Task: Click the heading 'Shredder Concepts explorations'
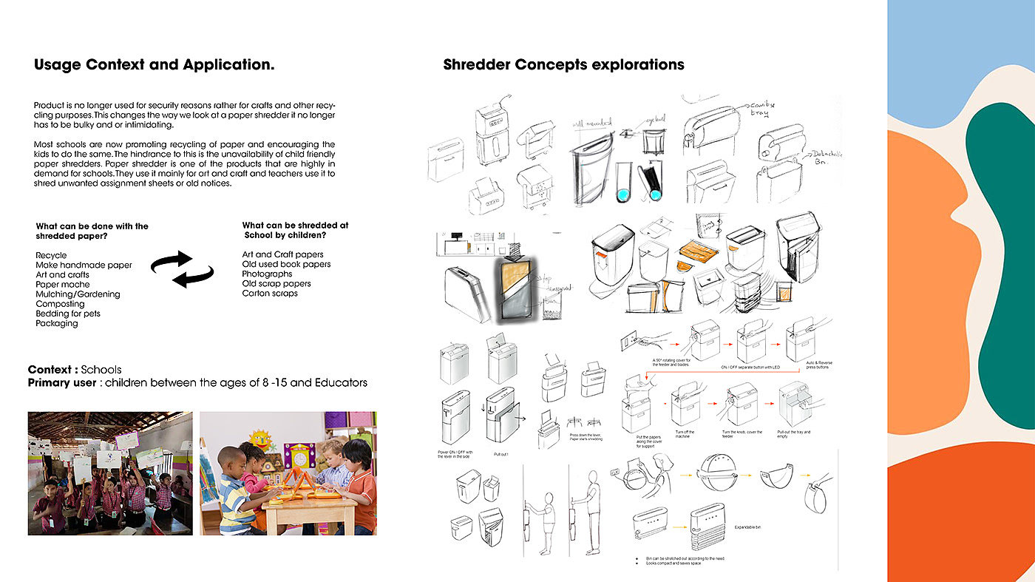tap(563, 65)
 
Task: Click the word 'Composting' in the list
tap(60, 304)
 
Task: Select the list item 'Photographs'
tap(268, 274)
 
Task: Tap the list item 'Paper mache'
tap(63, 285)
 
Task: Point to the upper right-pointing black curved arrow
tap(172, 260)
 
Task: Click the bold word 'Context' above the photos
tap(52, 370)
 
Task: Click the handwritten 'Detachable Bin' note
tap(827, 158)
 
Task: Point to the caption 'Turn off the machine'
tap(685, 434)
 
